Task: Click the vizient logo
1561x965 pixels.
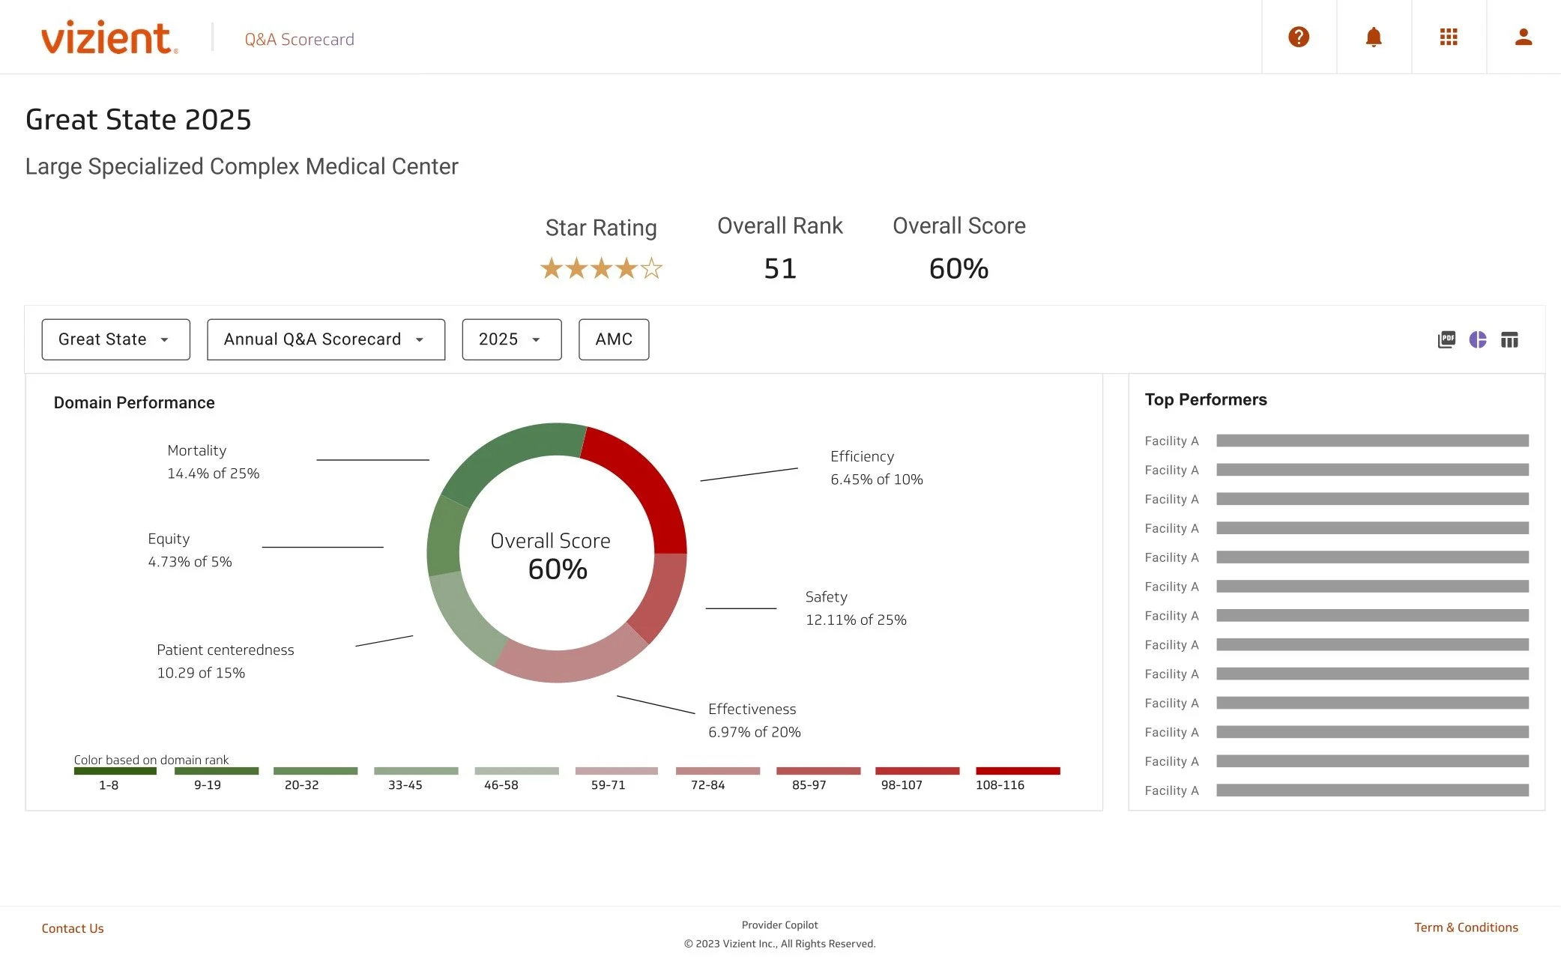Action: point(109,37)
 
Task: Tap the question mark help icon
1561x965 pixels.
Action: point(1298,37)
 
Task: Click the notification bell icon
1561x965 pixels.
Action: point(1373,37)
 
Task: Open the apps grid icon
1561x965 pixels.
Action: point(1448,37)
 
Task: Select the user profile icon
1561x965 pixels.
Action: point(1523,37)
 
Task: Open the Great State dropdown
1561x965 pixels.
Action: point(115,339)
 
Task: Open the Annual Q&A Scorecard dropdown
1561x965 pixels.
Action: point(325,339)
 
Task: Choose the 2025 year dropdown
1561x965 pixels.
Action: point(511,339)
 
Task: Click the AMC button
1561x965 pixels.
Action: point(613,339)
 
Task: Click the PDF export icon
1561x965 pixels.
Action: point(1446,339)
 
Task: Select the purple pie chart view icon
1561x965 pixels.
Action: point(1477,339)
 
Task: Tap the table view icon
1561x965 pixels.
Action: point(1509,340)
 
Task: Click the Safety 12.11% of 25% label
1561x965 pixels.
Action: point(855,608)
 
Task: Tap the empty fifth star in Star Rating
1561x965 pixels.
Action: point(651,268)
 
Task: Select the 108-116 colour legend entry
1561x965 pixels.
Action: point(1017,776)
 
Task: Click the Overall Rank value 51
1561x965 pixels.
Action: point(779,268)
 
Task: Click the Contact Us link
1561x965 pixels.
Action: point(73,928)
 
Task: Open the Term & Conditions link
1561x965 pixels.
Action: point(1465,928)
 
